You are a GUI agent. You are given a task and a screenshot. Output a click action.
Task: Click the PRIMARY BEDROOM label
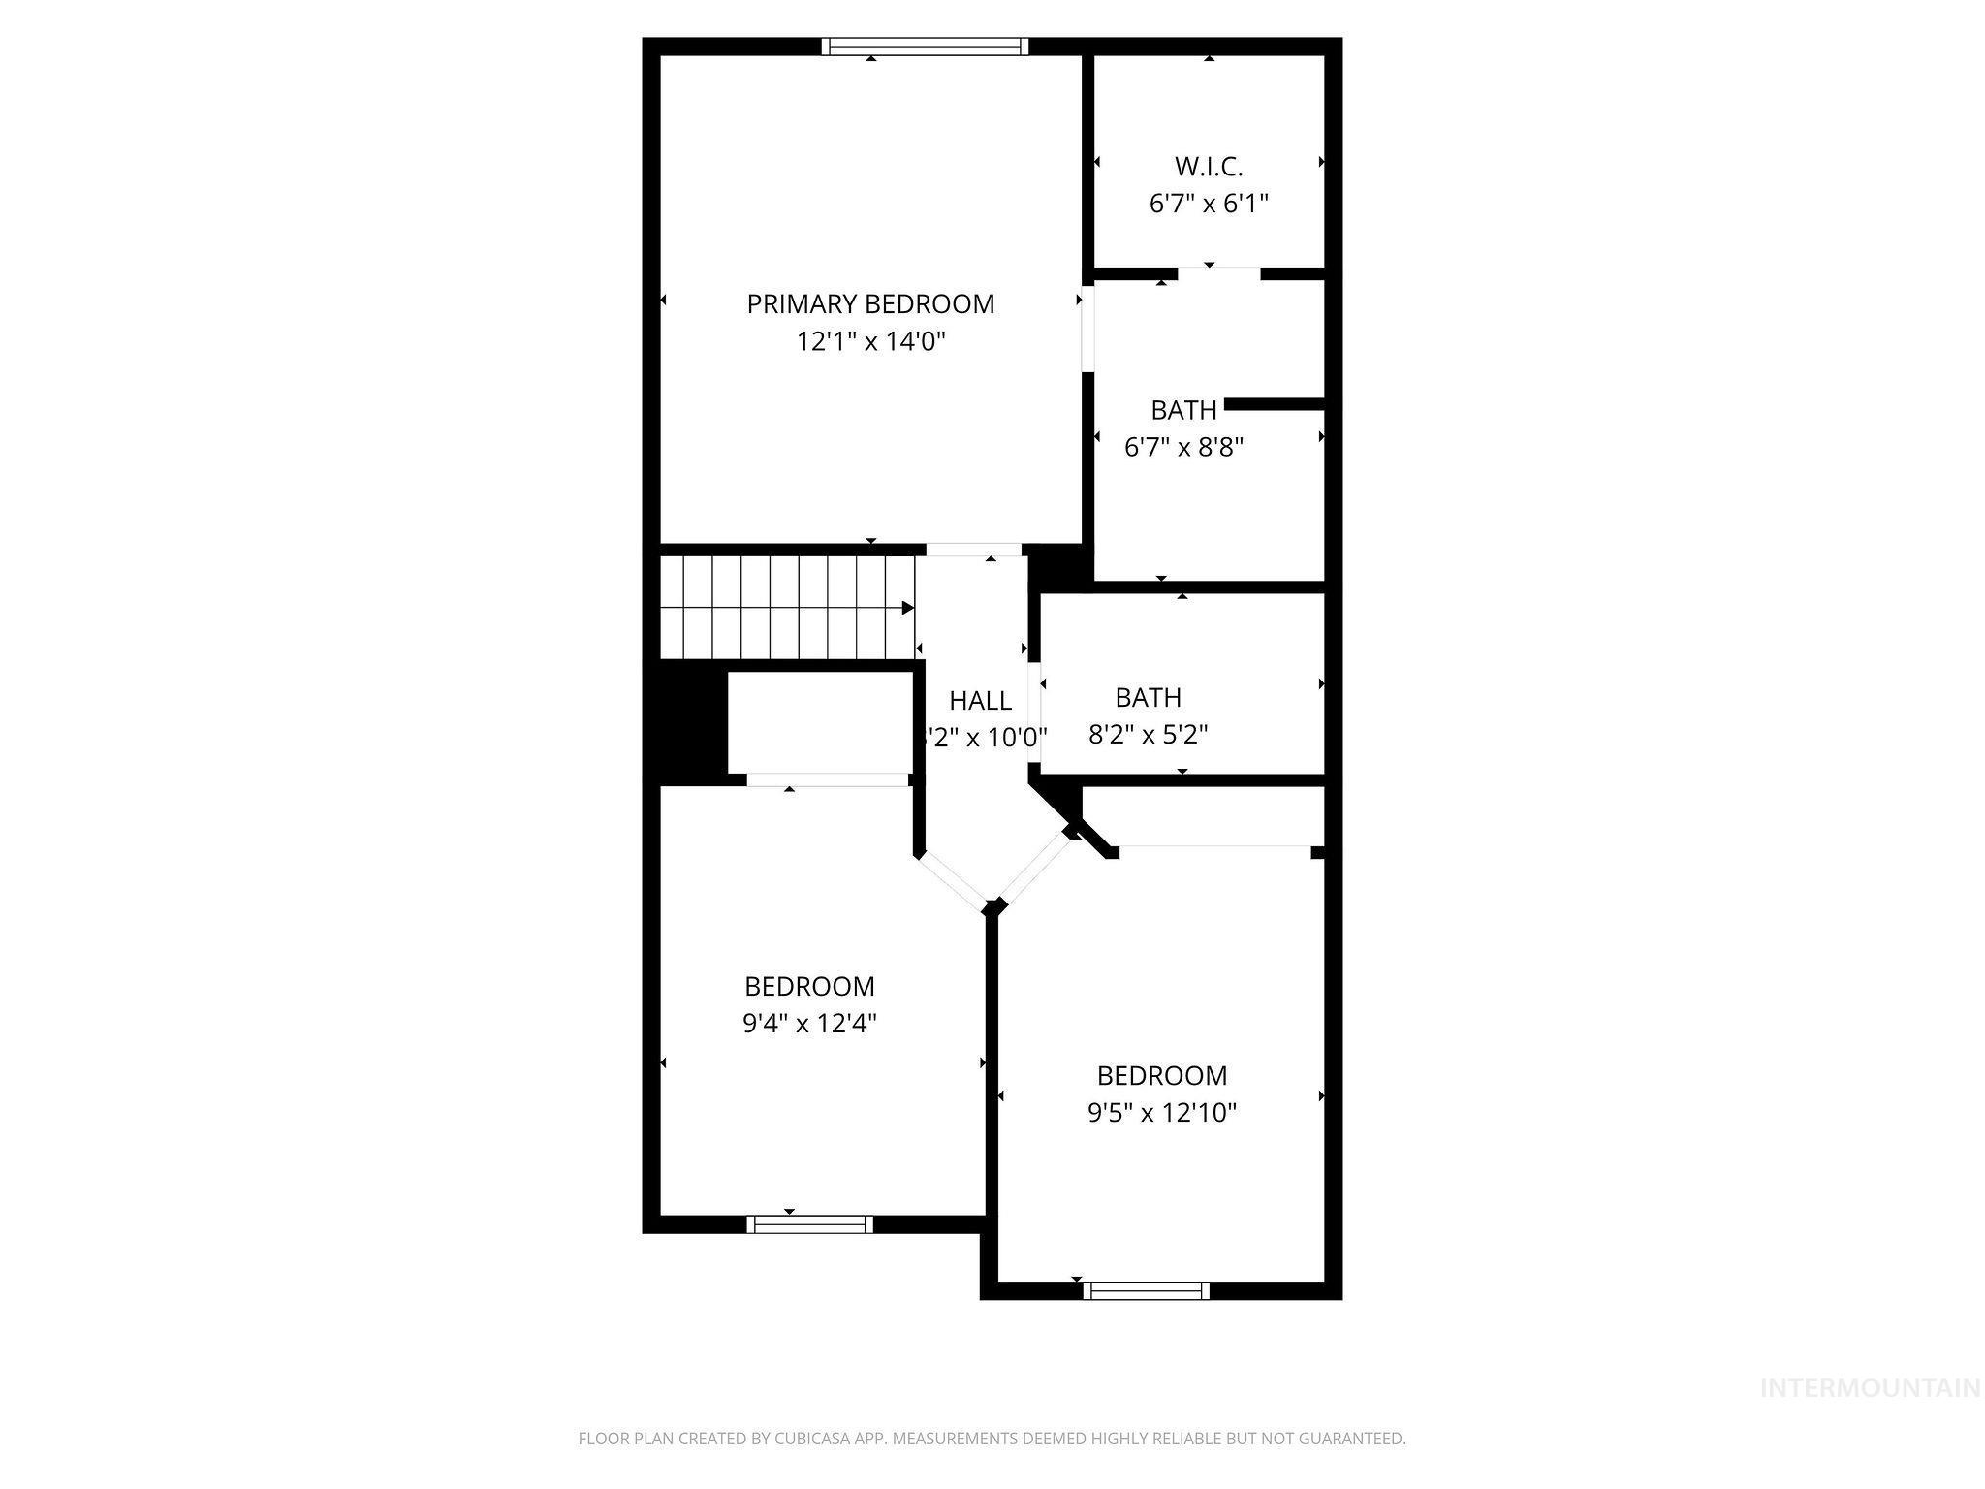[870, 304]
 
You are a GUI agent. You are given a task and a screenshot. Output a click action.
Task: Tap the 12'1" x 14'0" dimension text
[870, 341]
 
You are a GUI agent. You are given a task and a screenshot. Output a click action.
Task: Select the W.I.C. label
[1209, 167]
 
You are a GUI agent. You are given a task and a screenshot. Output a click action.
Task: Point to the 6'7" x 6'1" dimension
[1209, 204]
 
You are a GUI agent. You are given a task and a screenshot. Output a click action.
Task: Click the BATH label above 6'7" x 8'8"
[1183, 410]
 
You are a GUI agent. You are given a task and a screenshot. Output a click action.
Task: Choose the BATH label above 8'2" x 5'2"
[1148, 697]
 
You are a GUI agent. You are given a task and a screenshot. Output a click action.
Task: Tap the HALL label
[980, 700]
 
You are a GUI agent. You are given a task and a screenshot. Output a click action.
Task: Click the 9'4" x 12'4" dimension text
[809, 1024]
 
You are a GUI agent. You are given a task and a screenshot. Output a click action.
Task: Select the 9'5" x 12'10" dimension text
[1162, 1112]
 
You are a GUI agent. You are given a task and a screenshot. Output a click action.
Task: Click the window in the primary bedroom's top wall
[925, 47]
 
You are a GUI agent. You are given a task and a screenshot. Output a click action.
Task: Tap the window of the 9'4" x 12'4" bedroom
[809, 1224]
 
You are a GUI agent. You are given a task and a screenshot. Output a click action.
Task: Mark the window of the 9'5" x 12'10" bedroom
[1146, 1290]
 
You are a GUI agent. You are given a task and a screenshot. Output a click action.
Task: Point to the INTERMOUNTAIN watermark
[1870, 1388]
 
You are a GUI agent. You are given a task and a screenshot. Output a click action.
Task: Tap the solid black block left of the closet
[686, 722]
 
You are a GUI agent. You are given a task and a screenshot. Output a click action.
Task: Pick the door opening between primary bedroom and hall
[973, 550]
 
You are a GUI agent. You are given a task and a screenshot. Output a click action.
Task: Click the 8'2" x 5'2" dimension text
[1148, 734]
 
